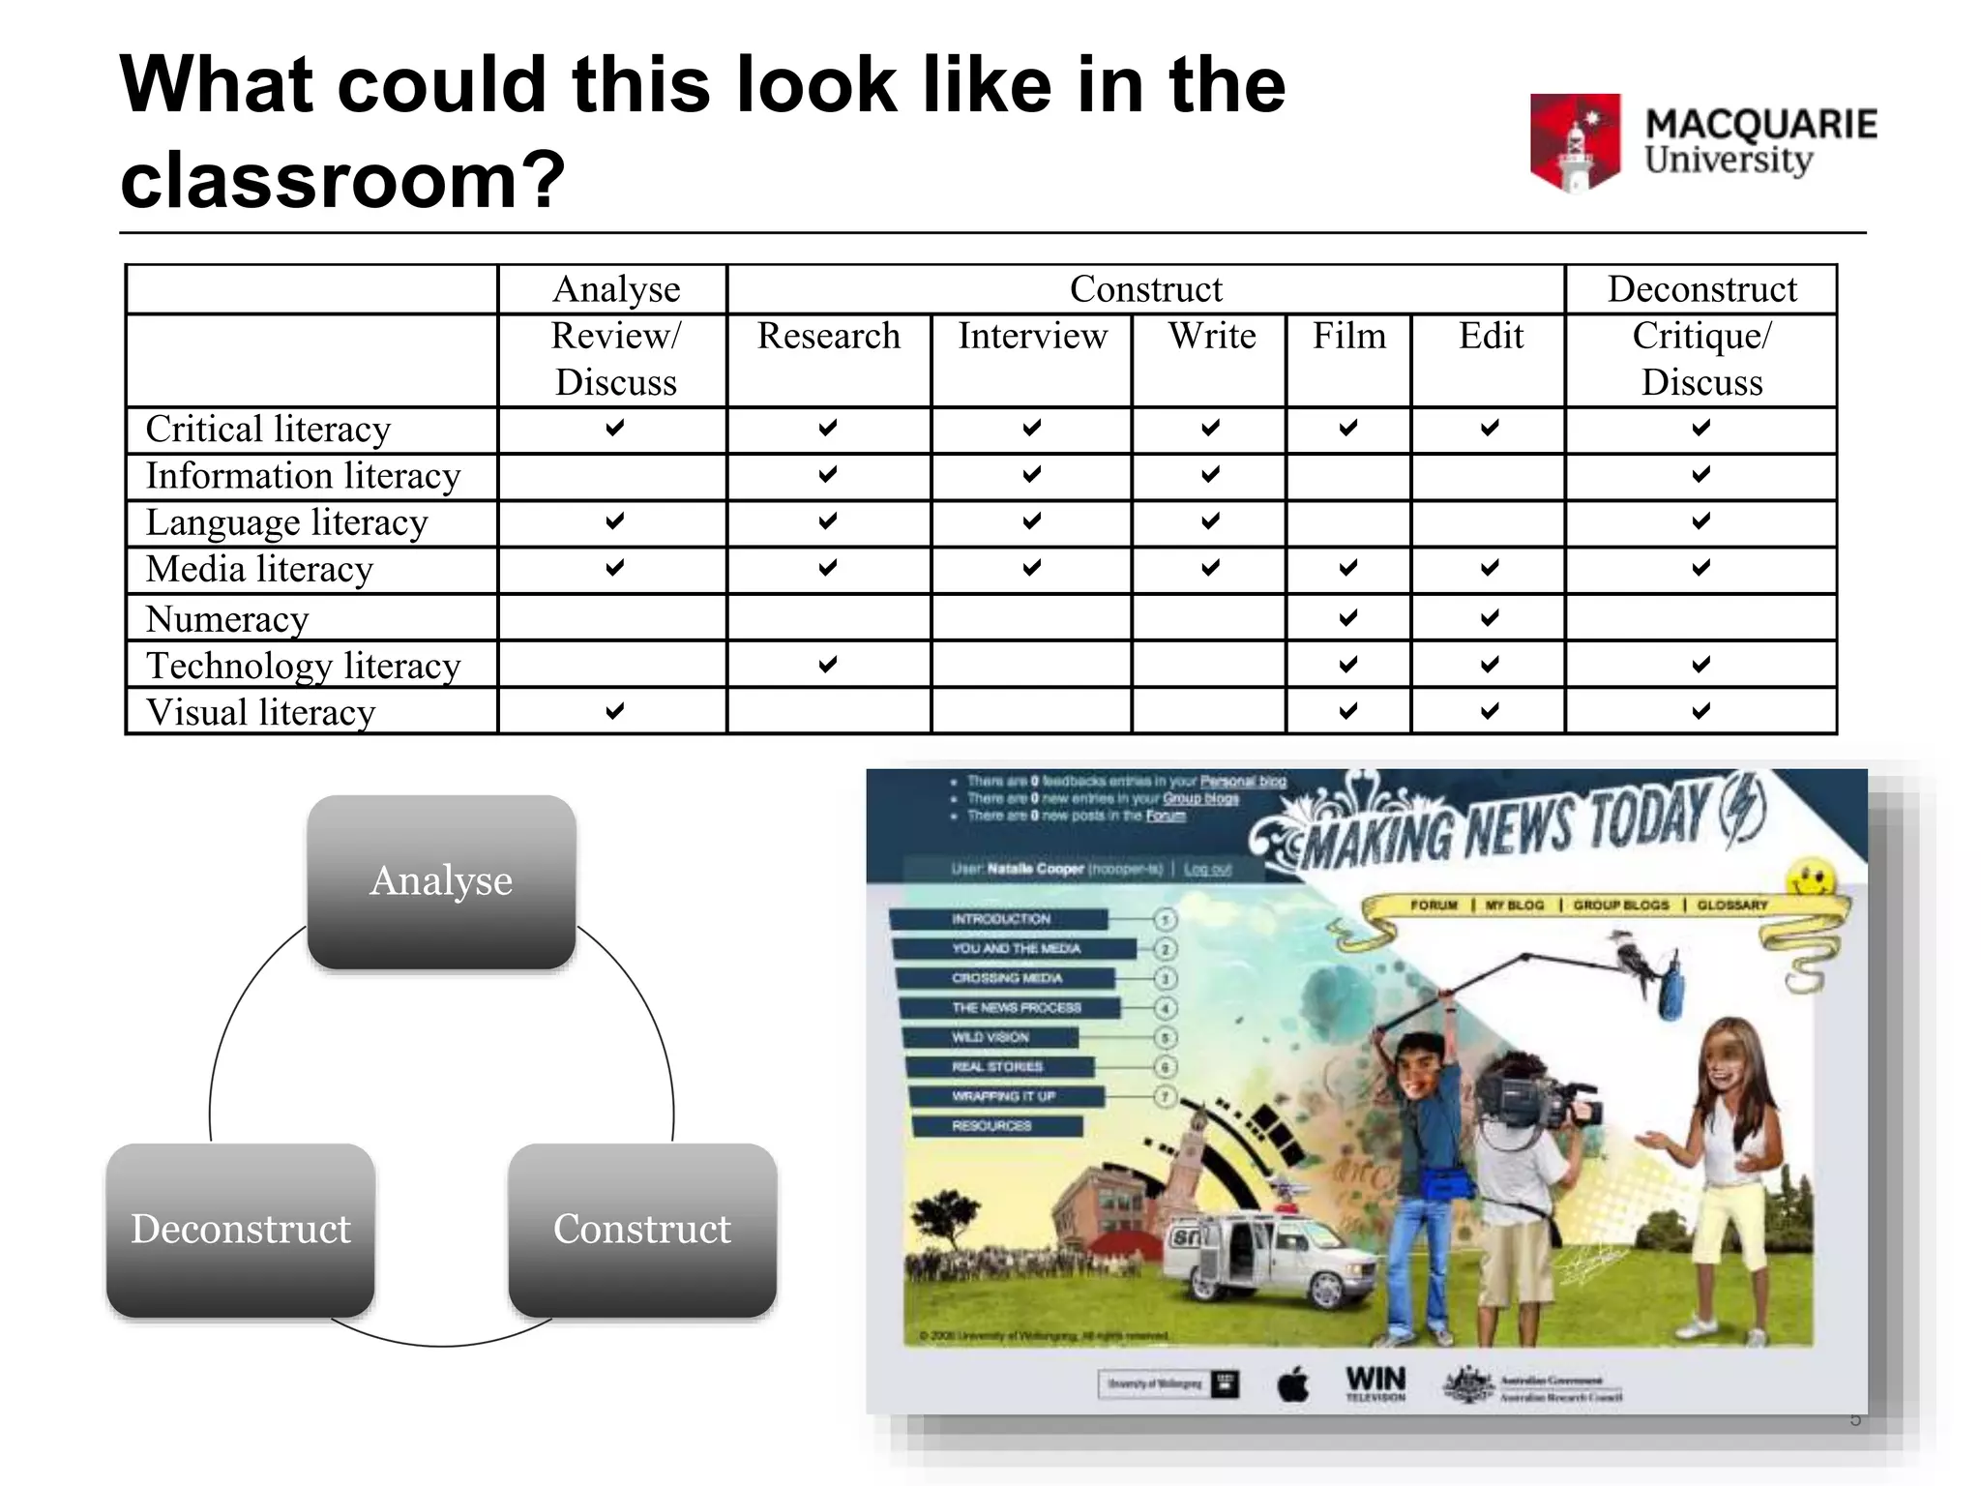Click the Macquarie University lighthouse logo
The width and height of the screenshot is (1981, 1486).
[x=1575, y=142]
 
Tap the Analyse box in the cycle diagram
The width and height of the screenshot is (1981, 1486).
[x=441, y=881]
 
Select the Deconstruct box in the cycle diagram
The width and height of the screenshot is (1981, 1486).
[x=241, y=1230]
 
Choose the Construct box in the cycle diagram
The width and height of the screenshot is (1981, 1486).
[x=642, y=1230]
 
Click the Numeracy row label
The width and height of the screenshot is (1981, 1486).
[x=227, y=619]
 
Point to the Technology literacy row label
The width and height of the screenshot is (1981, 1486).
[x=303, y=666]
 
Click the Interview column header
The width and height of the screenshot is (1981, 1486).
[x=1032, y=337]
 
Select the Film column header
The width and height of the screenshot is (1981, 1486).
[x=1348, y=337]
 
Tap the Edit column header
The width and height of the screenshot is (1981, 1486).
[x=1491, y=337]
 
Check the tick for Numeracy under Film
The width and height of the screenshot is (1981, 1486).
[x=1348, y=617]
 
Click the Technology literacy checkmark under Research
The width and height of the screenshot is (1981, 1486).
[x=828, y=664]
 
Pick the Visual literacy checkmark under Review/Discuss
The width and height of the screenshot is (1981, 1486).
[x=615, y=711]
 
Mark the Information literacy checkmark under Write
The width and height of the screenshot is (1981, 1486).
[x=1210, y=474]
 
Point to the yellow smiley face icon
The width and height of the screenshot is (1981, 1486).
[x=1811, y=879]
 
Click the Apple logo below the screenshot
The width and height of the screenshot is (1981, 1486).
[x=1293, y=1385]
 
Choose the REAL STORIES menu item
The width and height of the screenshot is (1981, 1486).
[x=997, y=1067]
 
